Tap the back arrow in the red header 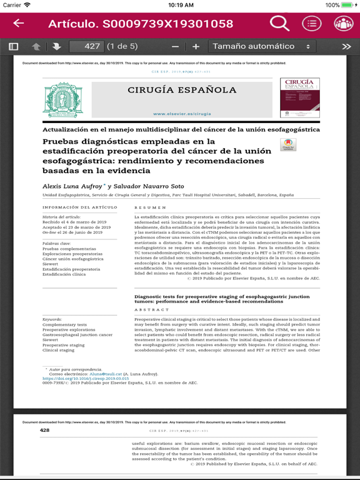click(19, 24)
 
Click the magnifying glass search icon click(279, 24)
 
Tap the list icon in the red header click(312, 24)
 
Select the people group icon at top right click(343, 24)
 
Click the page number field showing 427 click(86, 46)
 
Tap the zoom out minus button click(175, 46)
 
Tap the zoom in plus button click(196, 46)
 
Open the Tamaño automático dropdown click(261, 46)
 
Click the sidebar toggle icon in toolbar click(14, 46)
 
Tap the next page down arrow click(56, 46)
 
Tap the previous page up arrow click(36, 46)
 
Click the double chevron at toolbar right click(346, 46)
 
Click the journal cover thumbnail click(300, 97)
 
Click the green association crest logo click(62, 100)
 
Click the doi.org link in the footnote click(86, 379)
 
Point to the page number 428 click(44, 431)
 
